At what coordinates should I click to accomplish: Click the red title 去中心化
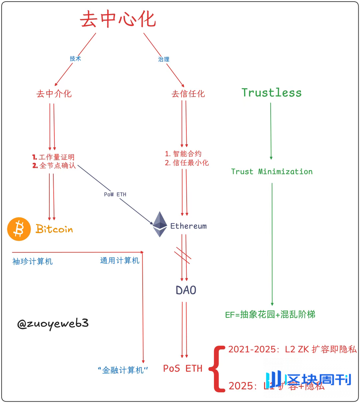point(118,19)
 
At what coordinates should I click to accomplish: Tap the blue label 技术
point(75,59)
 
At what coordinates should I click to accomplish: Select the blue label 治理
point(164,59)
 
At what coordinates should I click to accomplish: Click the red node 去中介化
point(54,94)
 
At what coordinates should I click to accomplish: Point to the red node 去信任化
point(188,94)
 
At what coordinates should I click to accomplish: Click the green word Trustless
point(271,93)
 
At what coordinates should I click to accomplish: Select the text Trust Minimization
point(272,172)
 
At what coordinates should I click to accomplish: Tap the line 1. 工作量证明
point(53,157)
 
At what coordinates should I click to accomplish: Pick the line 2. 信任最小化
point(187,163)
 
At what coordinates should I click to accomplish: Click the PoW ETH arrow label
point(115,195)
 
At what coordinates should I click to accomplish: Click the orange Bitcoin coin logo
point(19,229)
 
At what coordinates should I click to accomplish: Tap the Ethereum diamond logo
point(160,224)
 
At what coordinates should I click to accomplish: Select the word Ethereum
point(188,226)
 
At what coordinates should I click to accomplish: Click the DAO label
point(186,290)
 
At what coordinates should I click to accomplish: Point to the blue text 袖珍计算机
point(32,261)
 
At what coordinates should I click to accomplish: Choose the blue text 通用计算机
point(120,260)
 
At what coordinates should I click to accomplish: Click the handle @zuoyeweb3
point(53,324)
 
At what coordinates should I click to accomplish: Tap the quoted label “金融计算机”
point(123,370)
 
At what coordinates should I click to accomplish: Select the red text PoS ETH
point(183,368)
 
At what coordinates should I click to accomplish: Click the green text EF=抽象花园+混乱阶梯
point(270,314)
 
